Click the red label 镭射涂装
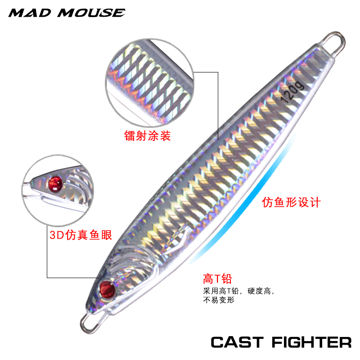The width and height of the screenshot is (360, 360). [x=147, y=135]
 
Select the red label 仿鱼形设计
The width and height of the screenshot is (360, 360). [x=291, y=202]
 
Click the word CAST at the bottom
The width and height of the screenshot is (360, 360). [x=237, y=342]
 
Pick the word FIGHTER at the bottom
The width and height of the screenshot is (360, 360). [x=311, y=342]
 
